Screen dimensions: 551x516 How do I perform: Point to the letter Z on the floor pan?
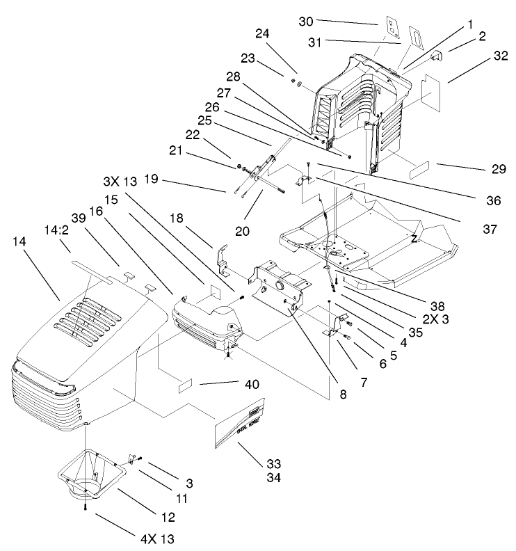(413, 239)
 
